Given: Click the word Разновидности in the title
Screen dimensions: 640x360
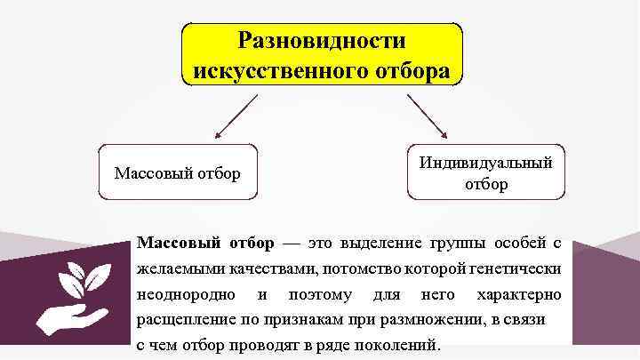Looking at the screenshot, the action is point(323,41).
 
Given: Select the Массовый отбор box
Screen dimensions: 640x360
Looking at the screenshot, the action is point(178,172).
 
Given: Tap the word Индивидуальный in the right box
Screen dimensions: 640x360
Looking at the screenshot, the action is point(485,163).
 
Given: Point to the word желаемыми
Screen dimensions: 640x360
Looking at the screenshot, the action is point(179,267).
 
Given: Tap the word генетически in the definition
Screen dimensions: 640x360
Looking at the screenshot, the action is point(514,267).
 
